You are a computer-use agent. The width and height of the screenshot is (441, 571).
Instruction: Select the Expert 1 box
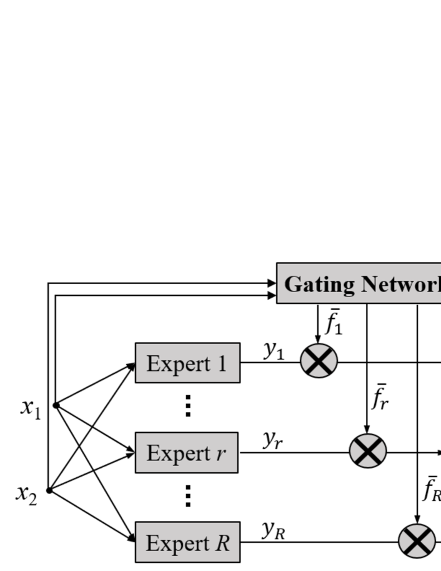point(187,363)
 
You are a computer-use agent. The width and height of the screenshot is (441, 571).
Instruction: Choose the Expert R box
point(187,542)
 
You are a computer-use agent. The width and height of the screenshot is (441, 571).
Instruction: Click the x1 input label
point(29,410)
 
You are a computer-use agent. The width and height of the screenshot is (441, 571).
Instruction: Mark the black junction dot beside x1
point(56,405)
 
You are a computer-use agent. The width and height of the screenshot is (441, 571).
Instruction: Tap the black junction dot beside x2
point(49,491)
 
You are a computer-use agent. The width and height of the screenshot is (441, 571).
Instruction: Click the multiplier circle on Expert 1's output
point(319,361)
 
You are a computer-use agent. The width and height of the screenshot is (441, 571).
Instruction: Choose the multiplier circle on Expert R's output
point(417,540)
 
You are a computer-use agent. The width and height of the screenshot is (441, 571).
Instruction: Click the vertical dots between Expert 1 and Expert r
point(187,407)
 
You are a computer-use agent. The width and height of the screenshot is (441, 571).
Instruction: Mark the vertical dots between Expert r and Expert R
point(187,497)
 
